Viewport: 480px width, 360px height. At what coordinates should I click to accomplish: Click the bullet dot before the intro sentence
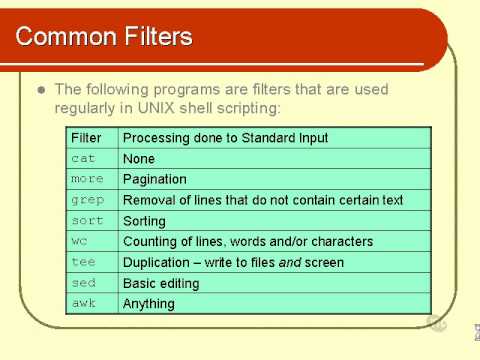click(41, 89)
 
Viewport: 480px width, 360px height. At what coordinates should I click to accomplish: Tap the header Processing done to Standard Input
click(225, 138)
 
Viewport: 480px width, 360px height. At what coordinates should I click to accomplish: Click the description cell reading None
click(138, 159)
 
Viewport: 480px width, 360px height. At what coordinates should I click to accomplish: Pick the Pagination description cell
click(154, 180)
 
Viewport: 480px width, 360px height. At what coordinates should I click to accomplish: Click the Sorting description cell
click(144, 221)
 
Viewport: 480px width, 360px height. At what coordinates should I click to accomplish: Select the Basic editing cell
click(161, 283)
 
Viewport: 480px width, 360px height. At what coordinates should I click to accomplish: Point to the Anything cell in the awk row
click(148, 304)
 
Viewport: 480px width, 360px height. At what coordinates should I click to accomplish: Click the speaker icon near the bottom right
click(436, 322)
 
